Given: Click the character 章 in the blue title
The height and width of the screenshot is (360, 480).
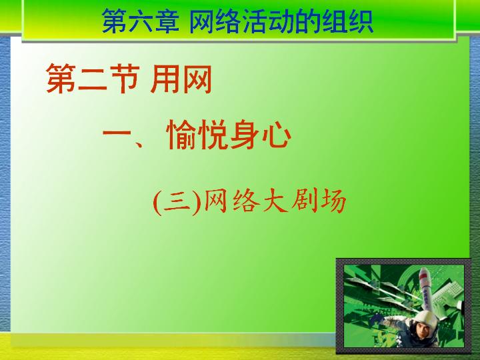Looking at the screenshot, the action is pyautogui.click(x=167, y=21).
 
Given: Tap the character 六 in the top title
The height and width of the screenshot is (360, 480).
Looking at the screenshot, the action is pyautogui.click(x=141, y=21).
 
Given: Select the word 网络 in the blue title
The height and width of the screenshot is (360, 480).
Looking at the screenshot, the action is pyautogui.click(x=214, y=21).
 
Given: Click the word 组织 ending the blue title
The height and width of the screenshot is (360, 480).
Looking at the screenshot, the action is pyautogui.click(x=347, y=21).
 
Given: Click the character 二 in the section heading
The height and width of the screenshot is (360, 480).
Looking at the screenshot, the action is pyautogui.click(x=93, y=79).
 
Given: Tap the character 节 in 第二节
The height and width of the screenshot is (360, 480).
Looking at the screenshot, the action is pyautogui.click(x=124, y=79).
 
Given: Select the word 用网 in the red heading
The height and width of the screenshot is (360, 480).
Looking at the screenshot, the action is pyautogui.click(x=181, y=79).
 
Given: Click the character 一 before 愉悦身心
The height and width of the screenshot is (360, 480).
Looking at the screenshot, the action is pyautogui.click(x=119, y=133).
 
